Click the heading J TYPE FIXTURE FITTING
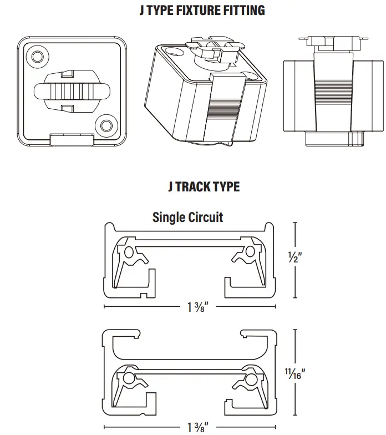point(201,11)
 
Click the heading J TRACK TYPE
point(204,186)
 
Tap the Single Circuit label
point(187,216)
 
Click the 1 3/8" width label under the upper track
point(194,306)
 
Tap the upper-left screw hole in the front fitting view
point(38,56)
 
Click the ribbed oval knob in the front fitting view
point(71,90)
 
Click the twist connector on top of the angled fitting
point(212,49)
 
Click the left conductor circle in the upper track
point(129,252)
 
